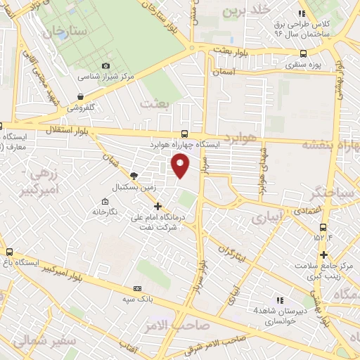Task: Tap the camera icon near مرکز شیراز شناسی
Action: coord(105,65)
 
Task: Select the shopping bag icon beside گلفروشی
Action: coord(81,96)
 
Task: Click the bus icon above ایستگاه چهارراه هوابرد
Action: coord(184,134)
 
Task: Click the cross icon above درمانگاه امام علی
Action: coord(157,207)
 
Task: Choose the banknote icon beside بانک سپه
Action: coord(137,288)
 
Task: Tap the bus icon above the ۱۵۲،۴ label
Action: coord(323,227)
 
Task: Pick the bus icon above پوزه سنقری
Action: coord(303,53)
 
